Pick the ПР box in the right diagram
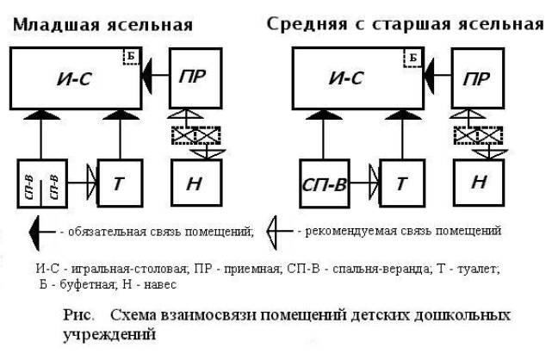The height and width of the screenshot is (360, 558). pyautogui.click(x=479, y=78)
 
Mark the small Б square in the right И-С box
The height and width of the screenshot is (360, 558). pyautogui.click(x=413, y=58)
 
